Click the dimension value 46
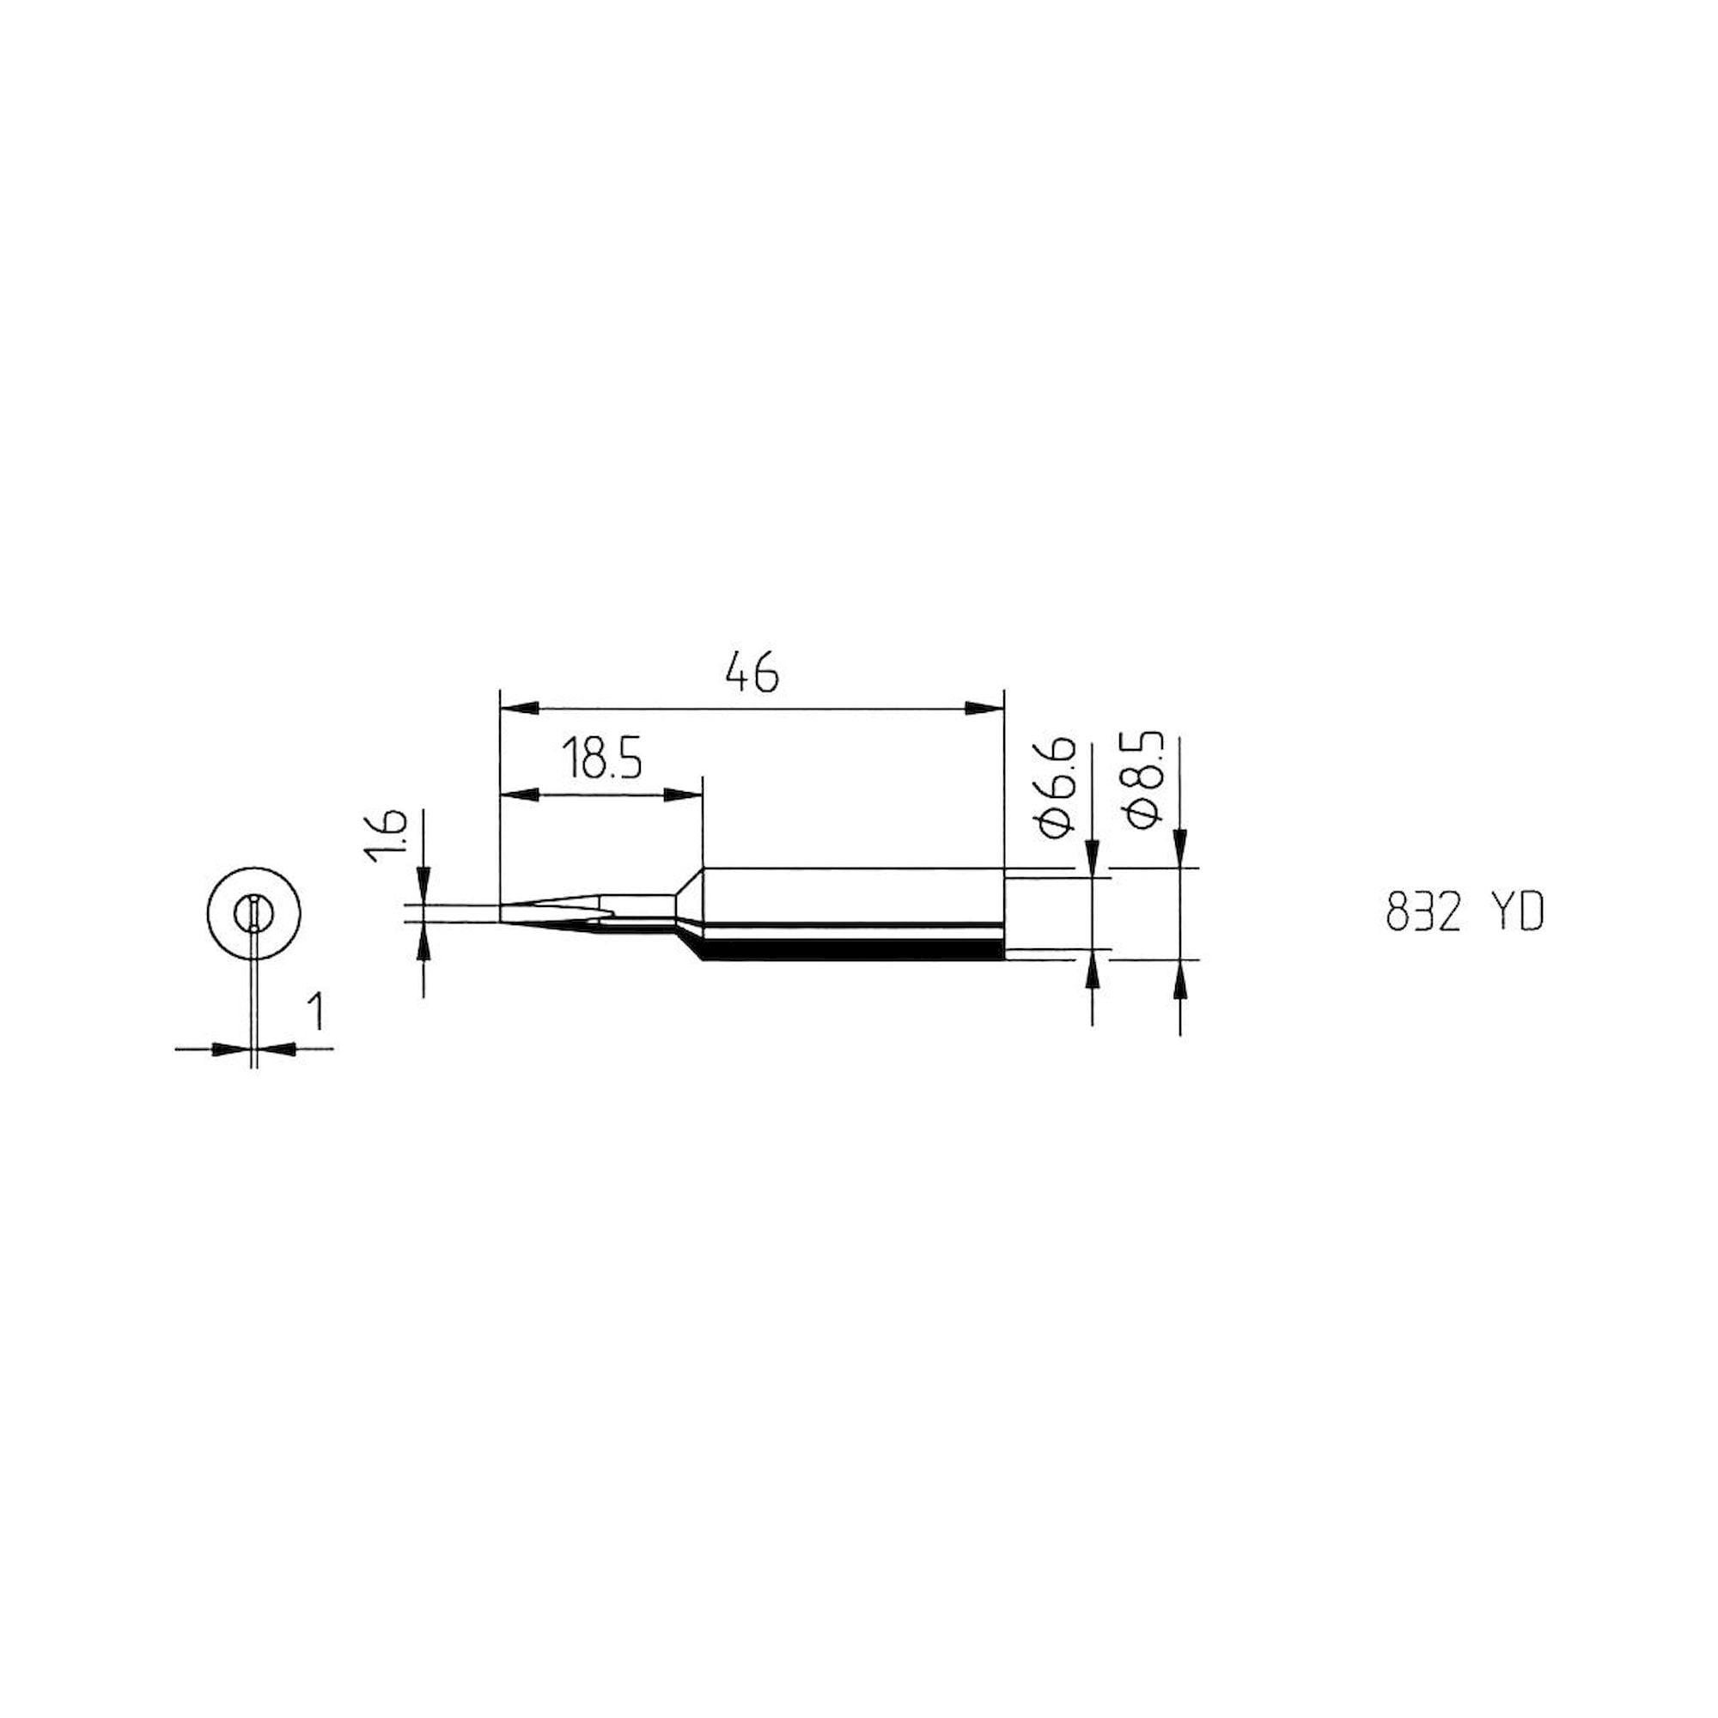[x=752, y=673]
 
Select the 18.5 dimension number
[x=601, y=758]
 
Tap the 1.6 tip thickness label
[x=385, y=835]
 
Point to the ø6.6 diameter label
[x=1056, y=787]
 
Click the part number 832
[x=1423, y=913]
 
